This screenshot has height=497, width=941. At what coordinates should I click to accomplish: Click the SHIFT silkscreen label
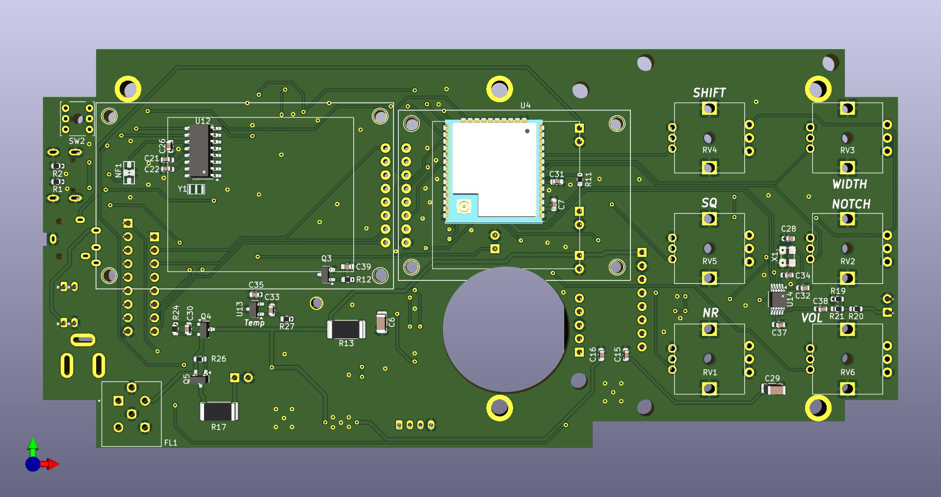click(x=709, y=93)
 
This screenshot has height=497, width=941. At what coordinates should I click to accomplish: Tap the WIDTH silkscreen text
click(x=850, y=184)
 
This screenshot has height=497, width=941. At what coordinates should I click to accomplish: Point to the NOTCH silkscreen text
click(x=851, y=204)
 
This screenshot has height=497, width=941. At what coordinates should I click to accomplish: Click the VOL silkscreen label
click(x=811, y=318)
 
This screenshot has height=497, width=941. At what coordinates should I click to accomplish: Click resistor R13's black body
click(x=346, y=329)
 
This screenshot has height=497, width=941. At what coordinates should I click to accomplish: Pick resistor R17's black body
click(x=219, y=412)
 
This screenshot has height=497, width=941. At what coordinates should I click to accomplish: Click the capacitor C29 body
click(x=773, y=389)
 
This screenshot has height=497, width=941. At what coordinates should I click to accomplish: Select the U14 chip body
click(x=778, y=299)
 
